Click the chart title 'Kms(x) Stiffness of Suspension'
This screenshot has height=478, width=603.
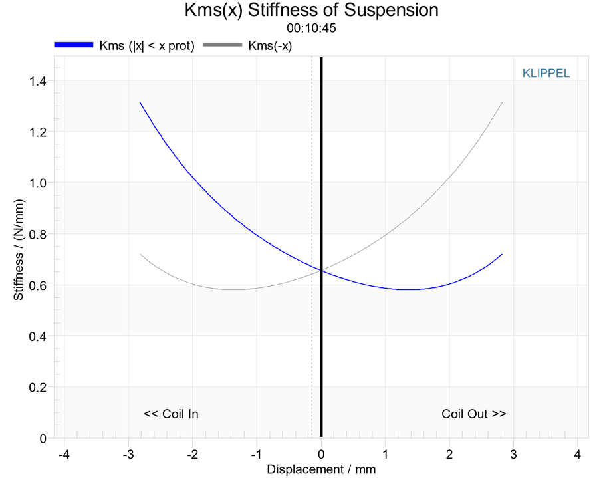click(x=312, y=11)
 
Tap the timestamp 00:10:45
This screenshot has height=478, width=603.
click(x=312, y=28)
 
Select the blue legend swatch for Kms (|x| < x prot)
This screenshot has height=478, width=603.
click(x=74, y=45)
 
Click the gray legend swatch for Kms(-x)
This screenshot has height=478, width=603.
click(x=222, y=45)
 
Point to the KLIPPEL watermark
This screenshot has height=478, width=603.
click(x=546, y=73)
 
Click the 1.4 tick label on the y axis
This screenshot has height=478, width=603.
click(x=38, y=81)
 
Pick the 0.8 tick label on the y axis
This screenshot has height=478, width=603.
click(x=38, y=234)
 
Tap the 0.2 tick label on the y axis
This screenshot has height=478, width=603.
click(x=38, y=387)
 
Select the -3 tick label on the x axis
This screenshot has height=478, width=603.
click(x=128, y=455)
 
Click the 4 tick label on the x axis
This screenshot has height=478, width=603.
click(x=578, y=455)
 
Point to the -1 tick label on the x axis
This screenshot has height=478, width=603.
click(x=257, y=455)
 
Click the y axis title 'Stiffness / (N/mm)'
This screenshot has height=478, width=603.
click(x=19, y=249)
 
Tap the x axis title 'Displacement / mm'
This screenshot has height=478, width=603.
click(x=321, y=469)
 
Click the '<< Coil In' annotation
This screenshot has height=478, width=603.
click(x=171, y=414)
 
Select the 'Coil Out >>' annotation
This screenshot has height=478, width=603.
click(x=474, y=414)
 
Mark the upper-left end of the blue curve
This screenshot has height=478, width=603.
click(x=140, y=102)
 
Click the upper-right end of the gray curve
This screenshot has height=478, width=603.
click(x=502, y=102)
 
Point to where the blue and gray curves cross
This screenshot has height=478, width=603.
click(x=321, y=271)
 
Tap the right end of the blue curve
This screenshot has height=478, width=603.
click(x=502, y=254)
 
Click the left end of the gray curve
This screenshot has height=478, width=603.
click(x=140, y=254)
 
